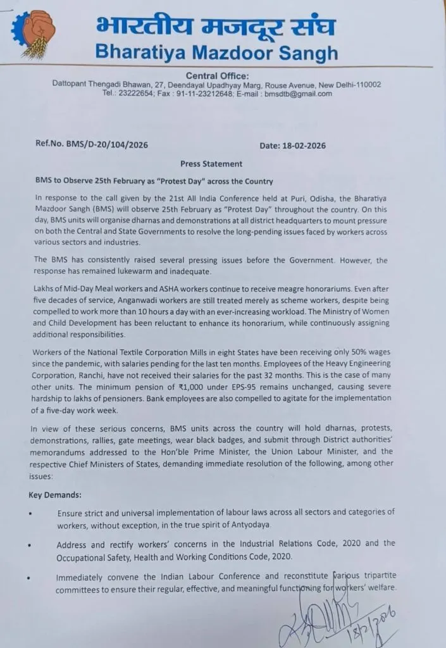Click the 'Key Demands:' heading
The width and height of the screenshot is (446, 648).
54,494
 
